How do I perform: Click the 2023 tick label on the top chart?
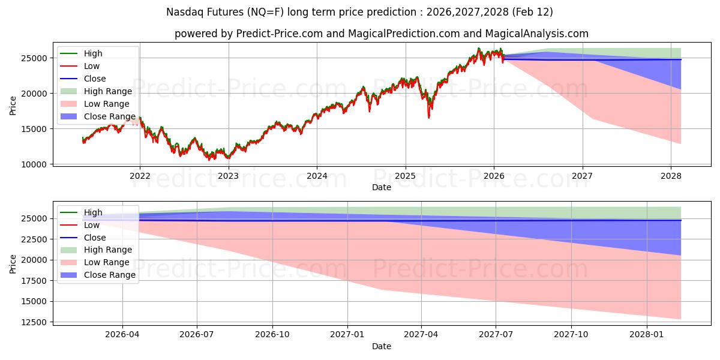228,176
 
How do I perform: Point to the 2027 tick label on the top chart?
582,176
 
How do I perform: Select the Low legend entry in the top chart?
92,66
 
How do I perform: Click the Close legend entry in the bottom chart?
95,237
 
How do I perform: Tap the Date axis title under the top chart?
381,187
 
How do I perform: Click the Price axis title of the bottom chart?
13,264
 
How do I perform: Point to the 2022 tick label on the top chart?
140,176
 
